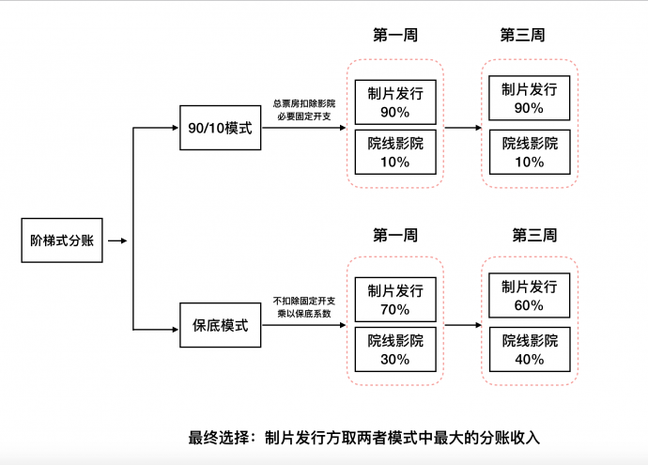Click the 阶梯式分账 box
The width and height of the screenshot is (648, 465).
click(x=62, y=240)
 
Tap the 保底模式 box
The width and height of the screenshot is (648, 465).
click(x=221, y=326)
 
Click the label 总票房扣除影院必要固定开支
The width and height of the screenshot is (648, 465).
click(x=304, y=110)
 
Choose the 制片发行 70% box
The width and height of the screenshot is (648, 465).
click(x=395, y=300)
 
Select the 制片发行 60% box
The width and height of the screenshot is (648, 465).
click(x=529, y=296)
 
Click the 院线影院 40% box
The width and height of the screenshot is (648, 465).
click(x=529, y=349)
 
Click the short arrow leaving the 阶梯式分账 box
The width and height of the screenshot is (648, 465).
click(x=117, y=240)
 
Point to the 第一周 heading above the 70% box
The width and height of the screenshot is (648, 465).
click(x=395, y=235)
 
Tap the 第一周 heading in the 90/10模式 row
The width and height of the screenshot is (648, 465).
click(x=395, y=35)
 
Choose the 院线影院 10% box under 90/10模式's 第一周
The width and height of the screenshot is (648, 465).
click(x=395, y=152)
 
